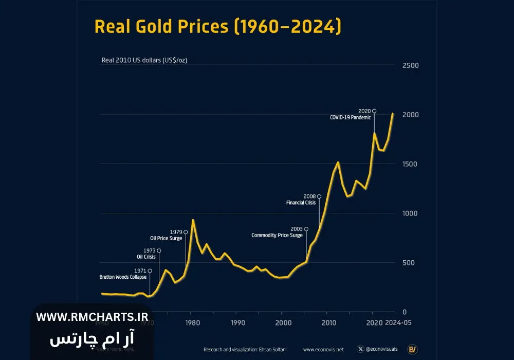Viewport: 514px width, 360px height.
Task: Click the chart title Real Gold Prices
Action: tap(217, 27)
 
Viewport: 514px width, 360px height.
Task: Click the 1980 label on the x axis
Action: tap(192, 323)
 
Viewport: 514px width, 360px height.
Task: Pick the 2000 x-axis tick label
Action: tap(283, 323)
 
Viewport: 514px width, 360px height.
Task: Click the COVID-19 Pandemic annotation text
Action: tap(350, 118)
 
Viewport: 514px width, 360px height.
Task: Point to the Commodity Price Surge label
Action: tap(277, 236)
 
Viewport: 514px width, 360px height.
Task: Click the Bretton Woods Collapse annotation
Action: tap(123, 277)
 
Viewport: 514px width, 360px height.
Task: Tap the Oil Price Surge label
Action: tap(166, 239)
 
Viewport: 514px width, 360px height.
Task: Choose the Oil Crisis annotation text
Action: tap(146, 257)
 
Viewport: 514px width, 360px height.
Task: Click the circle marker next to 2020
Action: tap(374, 111)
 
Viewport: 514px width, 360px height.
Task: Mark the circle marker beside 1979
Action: tap(186, 232)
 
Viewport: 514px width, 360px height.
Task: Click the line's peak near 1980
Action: tap(193, 220)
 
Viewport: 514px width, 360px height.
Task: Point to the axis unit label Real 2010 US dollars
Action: tap(144, 60)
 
